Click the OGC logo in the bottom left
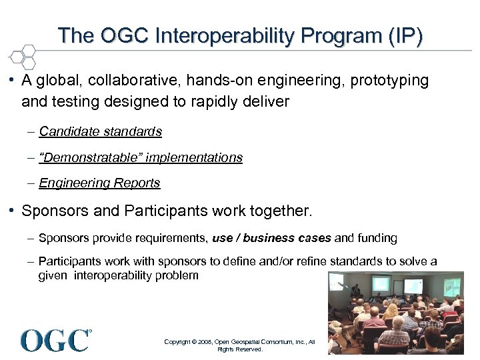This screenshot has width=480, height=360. coord(56,340)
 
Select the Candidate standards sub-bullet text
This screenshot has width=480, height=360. coord(100,132)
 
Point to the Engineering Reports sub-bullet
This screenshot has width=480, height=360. coord(99,183)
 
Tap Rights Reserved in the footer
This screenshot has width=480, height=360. coord(240,349)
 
